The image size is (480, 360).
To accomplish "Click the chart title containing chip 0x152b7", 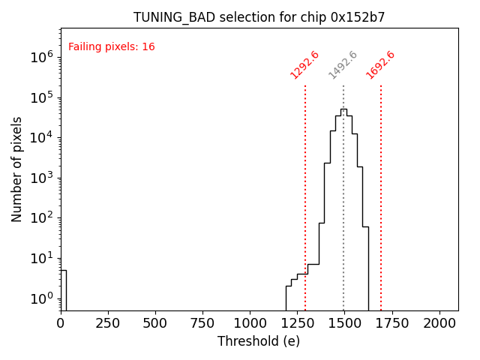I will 259,17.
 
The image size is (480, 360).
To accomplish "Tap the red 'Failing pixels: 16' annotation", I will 112,47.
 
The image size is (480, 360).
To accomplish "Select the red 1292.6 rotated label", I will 304,64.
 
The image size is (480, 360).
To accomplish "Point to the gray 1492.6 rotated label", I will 343,64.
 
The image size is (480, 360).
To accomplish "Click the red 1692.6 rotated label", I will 380,64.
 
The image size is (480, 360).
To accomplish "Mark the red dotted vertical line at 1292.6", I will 305,195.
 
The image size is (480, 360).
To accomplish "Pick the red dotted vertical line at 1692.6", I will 381,195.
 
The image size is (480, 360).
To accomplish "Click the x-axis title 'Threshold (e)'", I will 259,341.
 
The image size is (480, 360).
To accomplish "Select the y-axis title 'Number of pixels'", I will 17,169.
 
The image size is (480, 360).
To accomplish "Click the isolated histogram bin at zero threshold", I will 63,289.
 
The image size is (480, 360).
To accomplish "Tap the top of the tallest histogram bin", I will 343,109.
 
